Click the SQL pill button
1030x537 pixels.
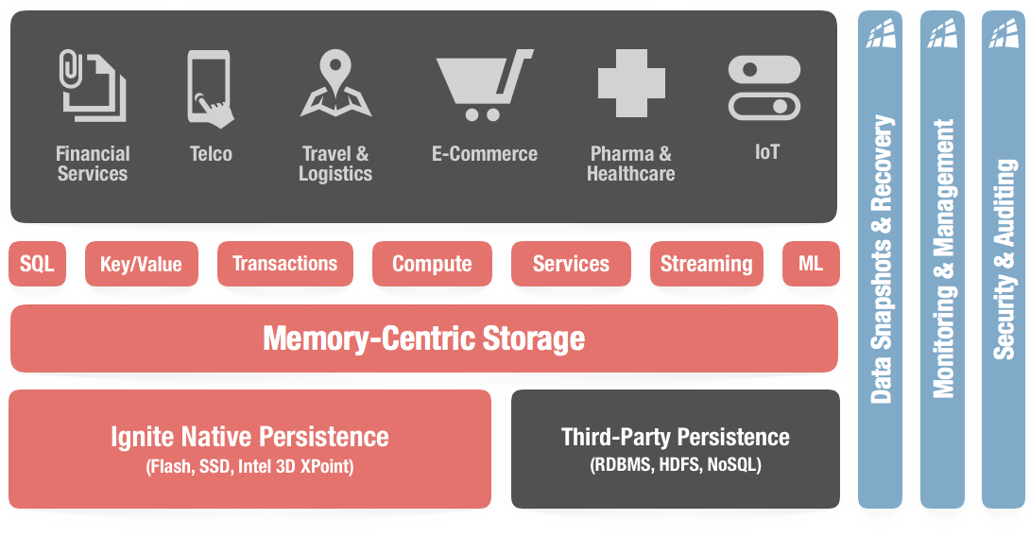coord(37,264)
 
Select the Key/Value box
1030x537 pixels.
coord(141,264)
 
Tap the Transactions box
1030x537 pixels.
coord(284,264)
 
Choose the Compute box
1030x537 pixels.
coord(432,264)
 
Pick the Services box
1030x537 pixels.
coord(571,264)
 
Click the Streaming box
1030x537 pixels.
coord(706,264)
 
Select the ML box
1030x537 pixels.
coord(811,264)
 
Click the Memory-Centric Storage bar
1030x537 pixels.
coord(423,338)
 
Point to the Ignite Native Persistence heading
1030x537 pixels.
coord(249,437)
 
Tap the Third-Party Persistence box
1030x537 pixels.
coord(675,449)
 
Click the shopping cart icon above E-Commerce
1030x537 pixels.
coord(483,85)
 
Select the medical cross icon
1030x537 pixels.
coord(631,83)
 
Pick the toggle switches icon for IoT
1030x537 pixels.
coord(764,87)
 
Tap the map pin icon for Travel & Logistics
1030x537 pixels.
coord(335,85)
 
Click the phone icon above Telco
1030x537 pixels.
coord(210,87)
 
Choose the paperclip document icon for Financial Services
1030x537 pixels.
coord(92,85)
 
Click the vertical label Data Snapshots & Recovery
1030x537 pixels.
coord(882,260)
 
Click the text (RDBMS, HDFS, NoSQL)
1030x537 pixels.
coord(675,465)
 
